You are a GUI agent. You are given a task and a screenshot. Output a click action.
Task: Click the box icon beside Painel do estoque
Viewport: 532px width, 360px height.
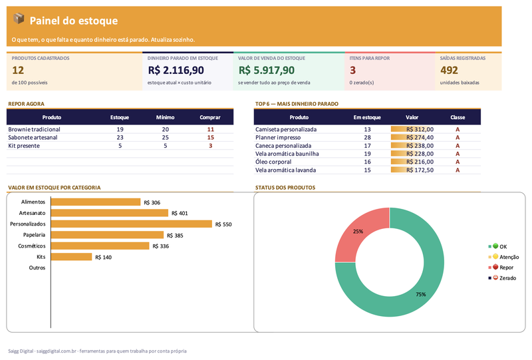[x=19, y=19]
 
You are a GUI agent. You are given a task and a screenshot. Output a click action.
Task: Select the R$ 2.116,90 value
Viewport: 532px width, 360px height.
[x=176, y=71]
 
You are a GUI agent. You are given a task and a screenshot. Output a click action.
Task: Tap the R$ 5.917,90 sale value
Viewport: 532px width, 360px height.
[x=267, y=71]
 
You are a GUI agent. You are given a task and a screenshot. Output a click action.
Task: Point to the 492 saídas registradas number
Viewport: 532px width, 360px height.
[x=450, y=71]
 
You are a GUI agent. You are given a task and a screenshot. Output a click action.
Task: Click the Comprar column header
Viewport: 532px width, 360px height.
[x=210, y=117]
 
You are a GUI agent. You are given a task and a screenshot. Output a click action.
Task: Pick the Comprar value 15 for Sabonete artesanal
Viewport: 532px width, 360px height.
[x=210, y=138]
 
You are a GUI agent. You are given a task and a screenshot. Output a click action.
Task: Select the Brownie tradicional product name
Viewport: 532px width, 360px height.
[x=34, y=129]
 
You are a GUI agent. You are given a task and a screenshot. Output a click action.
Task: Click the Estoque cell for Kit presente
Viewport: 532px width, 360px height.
[x=120, y=146]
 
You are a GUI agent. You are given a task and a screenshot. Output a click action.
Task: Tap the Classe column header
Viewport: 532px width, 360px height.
[x=458, y=117]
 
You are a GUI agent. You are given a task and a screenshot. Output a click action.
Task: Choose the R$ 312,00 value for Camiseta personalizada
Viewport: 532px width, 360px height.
[x=420, y=129]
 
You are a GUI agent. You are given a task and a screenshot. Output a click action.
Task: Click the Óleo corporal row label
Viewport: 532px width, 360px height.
[x=273, y=162]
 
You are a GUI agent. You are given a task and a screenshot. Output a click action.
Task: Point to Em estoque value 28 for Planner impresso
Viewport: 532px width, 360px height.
[x=367, y=138]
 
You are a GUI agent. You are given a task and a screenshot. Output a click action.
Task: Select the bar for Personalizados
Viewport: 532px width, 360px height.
[x=132, y=224]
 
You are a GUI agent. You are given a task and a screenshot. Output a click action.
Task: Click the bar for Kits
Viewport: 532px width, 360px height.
[x=72, y=257]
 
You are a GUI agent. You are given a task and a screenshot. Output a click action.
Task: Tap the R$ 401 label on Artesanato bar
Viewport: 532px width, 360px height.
[x=180, y=214]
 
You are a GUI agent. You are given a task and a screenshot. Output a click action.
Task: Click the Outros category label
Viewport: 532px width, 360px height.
[x=37, y=268]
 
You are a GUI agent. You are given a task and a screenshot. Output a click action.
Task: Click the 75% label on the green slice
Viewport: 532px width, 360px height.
[x=421, y=294]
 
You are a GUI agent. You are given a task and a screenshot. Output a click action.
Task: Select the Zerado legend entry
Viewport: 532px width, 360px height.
[x=502, y=277]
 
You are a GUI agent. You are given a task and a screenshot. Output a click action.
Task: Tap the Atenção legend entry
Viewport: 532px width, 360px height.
[x=503, y=257]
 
